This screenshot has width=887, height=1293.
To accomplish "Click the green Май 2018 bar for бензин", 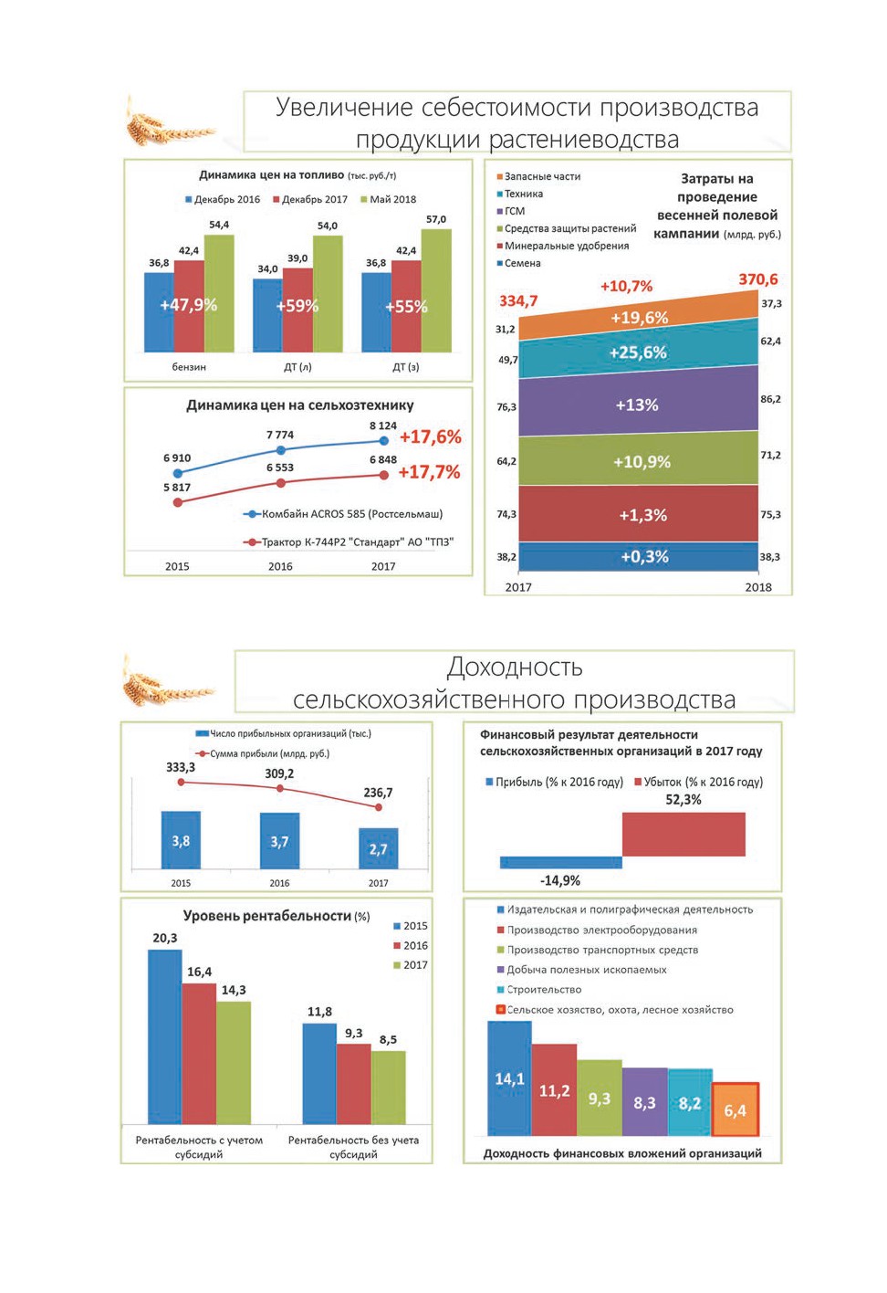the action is tap(219, 293).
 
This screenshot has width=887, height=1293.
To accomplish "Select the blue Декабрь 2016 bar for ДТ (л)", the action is tap(267, 315).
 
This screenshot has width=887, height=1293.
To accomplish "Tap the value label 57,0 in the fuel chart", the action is tap(436, 219).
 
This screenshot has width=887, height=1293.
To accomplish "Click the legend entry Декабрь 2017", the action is tap(310, 199).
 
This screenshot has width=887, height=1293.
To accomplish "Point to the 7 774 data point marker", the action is tap(281, 449).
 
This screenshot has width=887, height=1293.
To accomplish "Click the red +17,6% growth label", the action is tap(430, 437).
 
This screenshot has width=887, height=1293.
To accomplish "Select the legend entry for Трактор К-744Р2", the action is tap(349, 542).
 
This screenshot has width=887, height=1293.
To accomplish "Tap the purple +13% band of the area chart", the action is tap(639, 405).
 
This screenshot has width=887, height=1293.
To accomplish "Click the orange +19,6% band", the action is tap(639, 317).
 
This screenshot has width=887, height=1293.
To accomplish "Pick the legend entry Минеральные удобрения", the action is tap(562, 246).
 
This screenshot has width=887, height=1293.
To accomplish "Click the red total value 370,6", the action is tap(758, 279).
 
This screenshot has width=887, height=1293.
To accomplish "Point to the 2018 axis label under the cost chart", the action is tap(758, 587).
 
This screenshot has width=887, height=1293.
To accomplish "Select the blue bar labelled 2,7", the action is tap(379, 848).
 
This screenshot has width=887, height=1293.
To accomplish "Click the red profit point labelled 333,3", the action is tap(181, 783).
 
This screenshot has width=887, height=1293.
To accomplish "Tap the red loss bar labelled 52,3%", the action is tap(684, 834).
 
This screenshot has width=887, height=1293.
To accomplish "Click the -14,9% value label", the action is tap(560, 880).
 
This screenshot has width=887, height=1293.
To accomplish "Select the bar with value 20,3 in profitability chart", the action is tap(165, 1036).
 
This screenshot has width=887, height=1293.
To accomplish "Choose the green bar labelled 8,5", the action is tap(388, 1088).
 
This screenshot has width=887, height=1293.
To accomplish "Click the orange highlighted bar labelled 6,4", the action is tap(736, 1109).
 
